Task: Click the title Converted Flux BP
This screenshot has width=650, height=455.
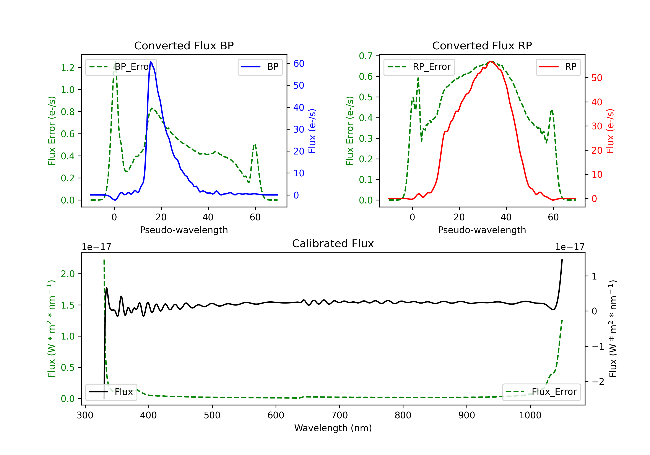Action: click(x=184, y=45)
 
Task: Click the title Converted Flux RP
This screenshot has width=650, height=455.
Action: click(x=482, y=45)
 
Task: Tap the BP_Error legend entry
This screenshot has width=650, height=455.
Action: click(x=121, y=67)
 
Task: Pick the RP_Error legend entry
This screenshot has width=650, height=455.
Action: click(x=419, y=67)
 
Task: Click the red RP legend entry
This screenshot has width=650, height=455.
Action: click(x=558, y=67)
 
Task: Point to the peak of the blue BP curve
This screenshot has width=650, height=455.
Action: click(x=151, y=62)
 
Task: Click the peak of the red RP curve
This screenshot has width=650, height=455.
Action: click(x=491, y=62)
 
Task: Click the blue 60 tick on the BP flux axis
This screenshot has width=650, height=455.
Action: click(x=299, y=63)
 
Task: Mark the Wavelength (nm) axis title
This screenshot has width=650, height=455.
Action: click(x=333, y=428)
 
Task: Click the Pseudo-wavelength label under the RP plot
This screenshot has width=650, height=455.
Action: click(x=482, y=230)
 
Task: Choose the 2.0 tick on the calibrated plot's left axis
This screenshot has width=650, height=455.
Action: click(x=68, y=274)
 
